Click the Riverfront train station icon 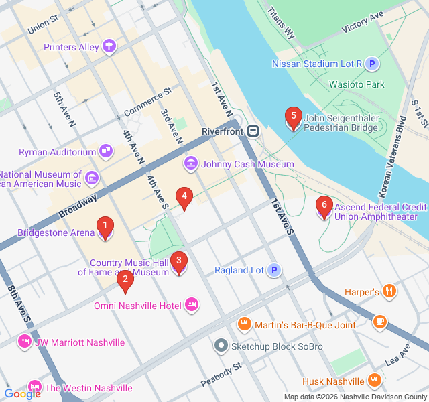254,131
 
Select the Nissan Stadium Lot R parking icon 372,64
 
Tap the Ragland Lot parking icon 273,271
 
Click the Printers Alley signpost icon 109,47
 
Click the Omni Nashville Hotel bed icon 192,306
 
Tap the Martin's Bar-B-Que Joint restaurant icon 244,325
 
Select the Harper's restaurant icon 389,291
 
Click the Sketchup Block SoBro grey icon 221,346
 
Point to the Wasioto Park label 357,85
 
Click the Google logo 22,394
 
